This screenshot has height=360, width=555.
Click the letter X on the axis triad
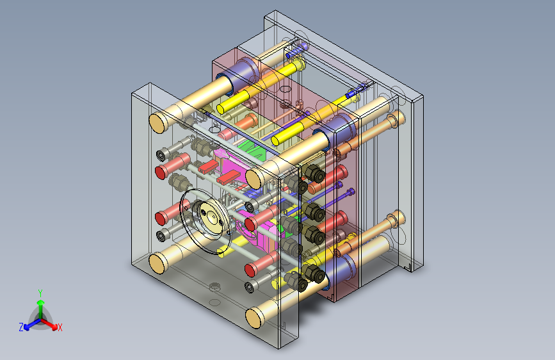click(x=60, y=327)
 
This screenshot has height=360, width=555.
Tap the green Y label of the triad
click(x=40, y=293)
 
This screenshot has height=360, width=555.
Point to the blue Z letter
click(x=21, y=327)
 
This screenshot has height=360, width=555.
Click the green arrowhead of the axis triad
click(x=41, y=303)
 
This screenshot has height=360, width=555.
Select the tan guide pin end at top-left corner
click(x=158, y=122)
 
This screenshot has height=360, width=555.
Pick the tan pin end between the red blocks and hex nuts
click(x=254, y=179)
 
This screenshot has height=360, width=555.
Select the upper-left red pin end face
click(x=161, y=172)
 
